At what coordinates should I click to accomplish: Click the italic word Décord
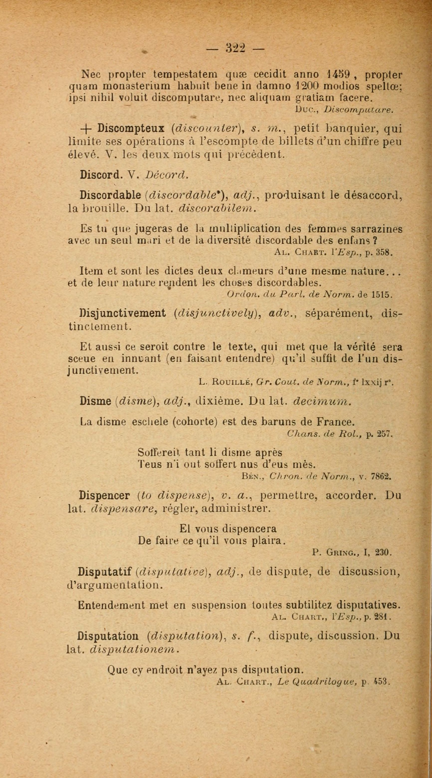click(x=166, y=175)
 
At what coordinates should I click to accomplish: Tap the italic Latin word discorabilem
click(x=217, y=208)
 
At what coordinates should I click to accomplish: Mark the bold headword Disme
click(x=96, y=401)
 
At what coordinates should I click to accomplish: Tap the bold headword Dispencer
click(x=104, y=496)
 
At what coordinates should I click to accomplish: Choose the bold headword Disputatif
click(x=104, y=572)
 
